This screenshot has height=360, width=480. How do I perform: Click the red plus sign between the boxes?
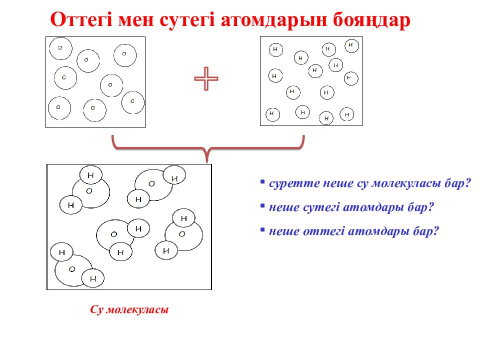tap(206, 79)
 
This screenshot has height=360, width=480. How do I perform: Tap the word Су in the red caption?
tap(96, 310)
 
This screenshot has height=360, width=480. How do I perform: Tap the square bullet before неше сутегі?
tap(262, 204)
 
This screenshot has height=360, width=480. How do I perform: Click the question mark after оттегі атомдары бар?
tap(436, 231)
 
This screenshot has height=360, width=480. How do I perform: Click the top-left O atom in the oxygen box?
tap(60, 47)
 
